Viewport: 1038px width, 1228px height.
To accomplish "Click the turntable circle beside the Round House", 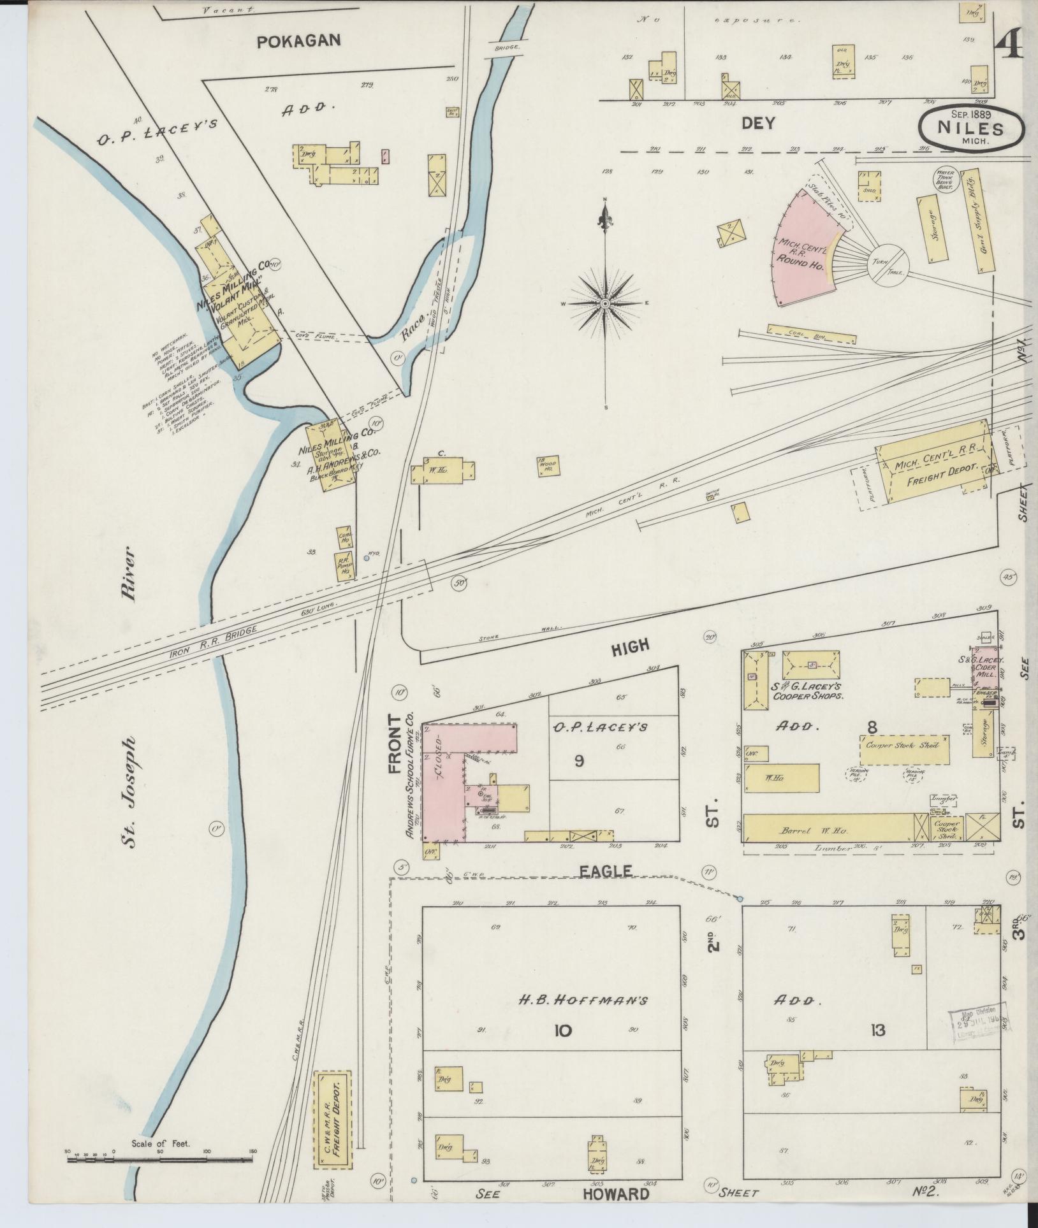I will click(x=889, y=263).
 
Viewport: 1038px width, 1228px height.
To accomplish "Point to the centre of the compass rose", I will click(x=604, y=304).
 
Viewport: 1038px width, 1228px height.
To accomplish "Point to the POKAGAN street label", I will click(x=298, y=41).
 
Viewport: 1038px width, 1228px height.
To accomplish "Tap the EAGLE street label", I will click(x=614, y=871).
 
